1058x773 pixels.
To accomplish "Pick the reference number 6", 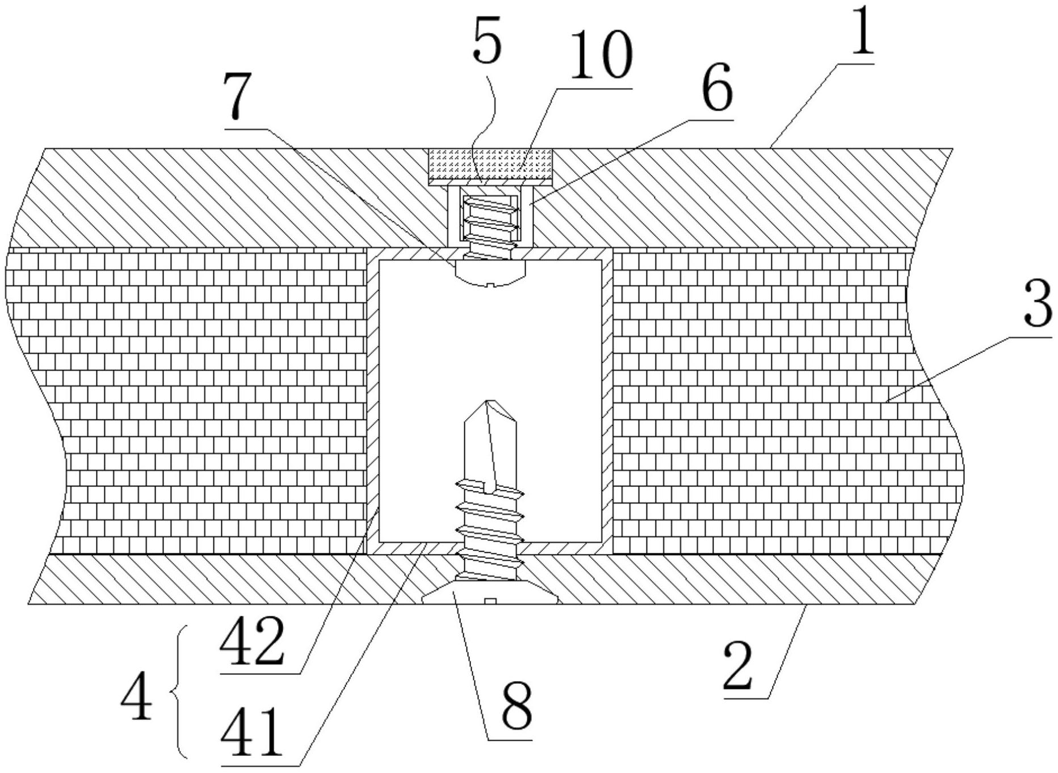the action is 716,89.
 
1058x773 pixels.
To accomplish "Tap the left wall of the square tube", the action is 372,397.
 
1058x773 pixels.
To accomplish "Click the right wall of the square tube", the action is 607,397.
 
